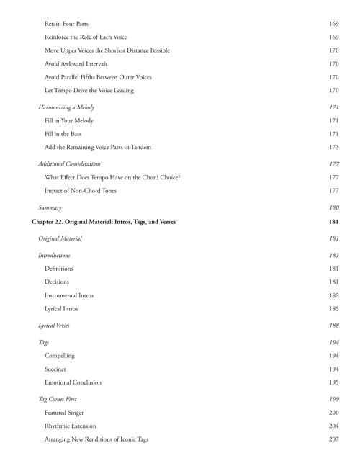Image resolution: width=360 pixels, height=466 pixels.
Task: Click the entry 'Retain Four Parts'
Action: click(x=66, y=24)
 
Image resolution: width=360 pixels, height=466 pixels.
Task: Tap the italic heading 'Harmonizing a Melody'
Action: click(x=66, y=107)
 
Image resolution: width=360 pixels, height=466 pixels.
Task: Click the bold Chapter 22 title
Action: click(x=104, y=222)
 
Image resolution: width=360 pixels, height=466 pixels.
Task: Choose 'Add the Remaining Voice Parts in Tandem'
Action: click(x=97, y=147)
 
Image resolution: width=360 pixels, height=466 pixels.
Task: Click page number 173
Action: click(x=333, y=147)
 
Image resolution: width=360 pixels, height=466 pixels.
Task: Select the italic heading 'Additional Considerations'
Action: click(x=69, y=164)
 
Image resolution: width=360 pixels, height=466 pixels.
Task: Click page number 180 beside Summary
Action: click(x=333, y=207)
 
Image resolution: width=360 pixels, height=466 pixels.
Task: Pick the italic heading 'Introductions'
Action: click(x=54, y=255)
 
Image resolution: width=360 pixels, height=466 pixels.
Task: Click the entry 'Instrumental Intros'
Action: click(x=69, y=295)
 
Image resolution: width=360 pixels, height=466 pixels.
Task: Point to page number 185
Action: click(x=333, y=308)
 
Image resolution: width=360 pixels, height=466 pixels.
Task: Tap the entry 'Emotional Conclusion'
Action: click(x=73, y=382)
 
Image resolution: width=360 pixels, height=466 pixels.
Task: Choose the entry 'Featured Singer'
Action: click(x=64, y=413)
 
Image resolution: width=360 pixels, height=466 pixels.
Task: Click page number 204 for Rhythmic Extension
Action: click(x=333, y=426)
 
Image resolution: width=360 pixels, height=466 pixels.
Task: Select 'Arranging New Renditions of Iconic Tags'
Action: click(x=96, y=439)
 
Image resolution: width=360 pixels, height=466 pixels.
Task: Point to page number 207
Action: click(x=333, y=439)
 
